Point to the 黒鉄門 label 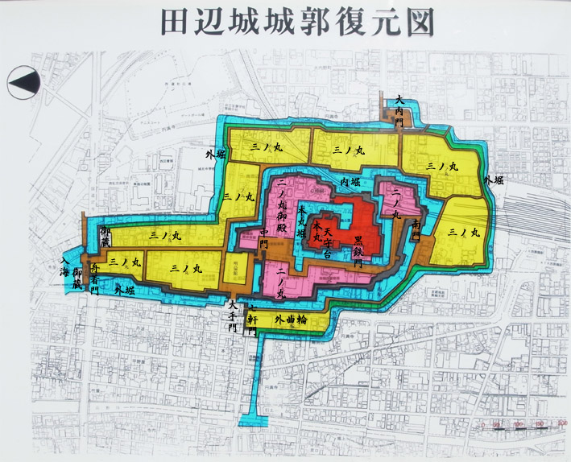pos(358,248)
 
